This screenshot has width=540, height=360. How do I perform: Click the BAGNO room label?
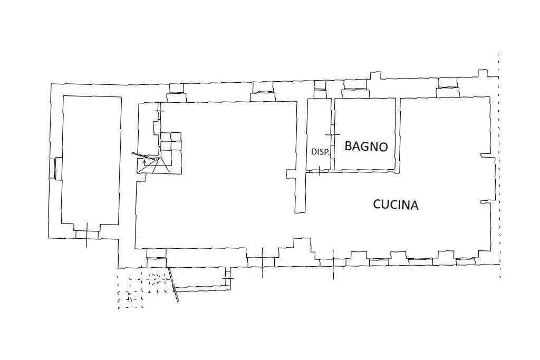[366, 147]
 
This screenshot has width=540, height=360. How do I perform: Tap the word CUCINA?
[396, 205]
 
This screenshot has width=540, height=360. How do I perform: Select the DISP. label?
[320, 152]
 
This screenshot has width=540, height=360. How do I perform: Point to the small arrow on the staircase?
[144, 162]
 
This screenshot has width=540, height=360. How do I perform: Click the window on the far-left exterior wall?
[53, 168]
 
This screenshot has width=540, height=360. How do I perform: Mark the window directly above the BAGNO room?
[354, 93]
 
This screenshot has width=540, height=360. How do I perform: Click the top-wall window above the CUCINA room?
[447, 92]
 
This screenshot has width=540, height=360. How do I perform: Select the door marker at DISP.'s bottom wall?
[320, 170]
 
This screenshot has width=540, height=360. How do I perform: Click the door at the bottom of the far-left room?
[86, 234]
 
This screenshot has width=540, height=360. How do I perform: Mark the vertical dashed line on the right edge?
[499, 163]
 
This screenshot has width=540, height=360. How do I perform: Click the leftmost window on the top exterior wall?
[176, 96]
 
